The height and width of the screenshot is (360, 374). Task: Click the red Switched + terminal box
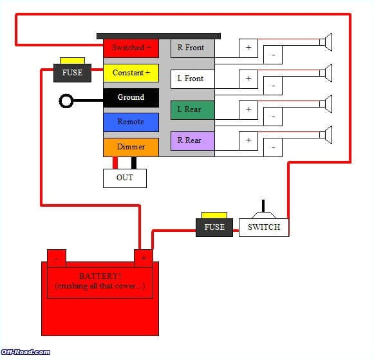[131, 48]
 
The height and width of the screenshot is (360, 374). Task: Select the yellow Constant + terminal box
[131, 73]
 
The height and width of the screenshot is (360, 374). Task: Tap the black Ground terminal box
[131, 97]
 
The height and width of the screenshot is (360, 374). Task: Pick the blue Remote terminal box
[131, 122]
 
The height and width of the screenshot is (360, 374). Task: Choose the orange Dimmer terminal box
[131, 147]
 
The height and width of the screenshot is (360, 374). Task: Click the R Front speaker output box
[192, 48]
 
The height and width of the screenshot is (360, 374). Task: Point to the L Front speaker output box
[192, 79]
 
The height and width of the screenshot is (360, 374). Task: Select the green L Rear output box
[192, 109]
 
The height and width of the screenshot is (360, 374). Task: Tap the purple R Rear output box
[192, 140]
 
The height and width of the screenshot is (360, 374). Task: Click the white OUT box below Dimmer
[125, 178]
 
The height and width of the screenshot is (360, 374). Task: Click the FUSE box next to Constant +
[72, 72]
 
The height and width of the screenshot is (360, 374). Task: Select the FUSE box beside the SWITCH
[214, 227]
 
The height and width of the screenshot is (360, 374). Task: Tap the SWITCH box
[264, 227]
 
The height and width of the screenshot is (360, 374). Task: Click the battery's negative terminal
[57, 258]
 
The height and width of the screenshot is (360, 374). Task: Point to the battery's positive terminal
[143, 258]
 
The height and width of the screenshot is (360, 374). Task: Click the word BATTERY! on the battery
[100, 276]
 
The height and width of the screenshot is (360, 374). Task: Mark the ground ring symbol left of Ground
[66, 100]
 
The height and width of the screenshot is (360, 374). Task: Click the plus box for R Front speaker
[248, 48]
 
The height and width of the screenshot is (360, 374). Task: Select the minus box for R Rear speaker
[273, 147]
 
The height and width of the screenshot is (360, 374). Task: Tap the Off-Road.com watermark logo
[26, 352]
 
